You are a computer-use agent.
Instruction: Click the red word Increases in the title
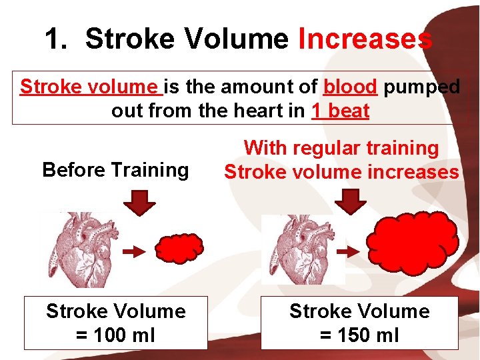point(365,39)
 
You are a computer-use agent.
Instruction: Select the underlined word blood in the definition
point(350,87)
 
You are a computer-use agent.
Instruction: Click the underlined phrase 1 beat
point(340,111)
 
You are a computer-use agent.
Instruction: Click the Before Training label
point(115,170)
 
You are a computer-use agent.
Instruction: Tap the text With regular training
point(341,148)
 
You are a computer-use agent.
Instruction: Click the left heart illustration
point(79,249)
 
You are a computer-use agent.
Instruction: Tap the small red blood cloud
point(179,249)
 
